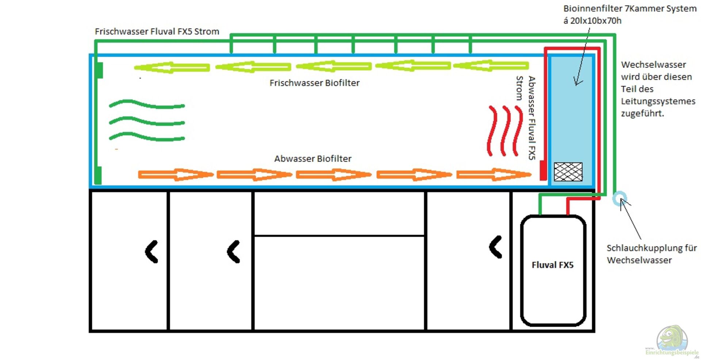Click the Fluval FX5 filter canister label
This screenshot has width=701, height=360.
pos(552,265)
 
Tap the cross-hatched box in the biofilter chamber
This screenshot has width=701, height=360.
pos(568,172)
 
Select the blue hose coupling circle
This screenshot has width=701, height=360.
pos(619,199)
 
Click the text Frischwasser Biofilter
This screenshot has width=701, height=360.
pos(314,83)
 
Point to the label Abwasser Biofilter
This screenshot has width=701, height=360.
pos(313,159)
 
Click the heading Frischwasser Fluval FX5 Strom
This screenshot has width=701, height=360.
pos(157,32)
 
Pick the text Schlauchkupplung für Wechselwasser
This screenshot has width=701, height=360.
pos(651,254)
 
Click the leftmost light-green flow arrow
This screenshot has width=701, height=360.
pos(172,68)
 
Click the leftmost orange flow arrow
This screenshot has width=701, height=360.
pos(175,175)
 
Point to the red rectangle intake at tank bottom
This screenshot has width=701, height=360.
pos(543,171)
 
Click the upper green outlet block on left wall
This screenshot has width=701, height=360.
pos(99,70)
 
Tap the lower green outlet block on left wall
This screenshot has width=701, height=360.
pos(98,175)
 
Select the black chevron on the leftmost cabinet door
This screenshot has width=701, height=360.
pos(152,252)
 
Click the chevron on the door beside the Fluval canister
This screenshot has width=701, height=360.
pos(495,247)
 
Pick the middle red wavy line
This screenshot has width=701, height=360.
pos(505,131)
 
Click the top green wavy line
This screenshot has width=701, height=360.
pos(147,104)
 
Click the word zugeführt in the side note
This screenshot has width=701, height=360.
pos(642,114)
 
